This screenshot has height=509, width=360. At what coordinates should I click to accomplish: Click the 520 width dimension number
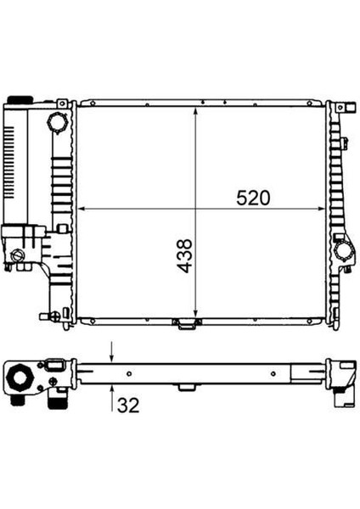[x=253, y=198]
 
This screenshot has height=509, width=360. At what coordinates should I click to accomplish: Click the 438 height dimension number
[x=184, y=256]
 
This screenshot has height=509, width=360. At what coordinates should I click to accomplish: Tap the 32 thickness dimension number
[x=128, y=406]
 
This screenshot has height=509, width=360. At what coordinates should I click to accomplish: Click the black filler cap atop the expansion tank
[x=20, y=99]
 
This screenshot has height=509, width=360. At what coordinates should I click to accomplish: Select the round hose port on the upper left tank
[x=58, y=122]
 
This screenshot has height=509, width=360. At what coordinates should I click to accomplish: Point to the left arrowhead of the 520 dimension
[x=82, y=209]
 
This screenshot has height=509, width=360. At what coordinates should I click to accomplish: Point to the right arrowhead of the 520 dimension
[x=321, y=209]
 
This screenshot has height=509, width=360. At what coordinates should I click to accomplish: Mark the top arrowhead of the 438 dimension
[x=195, y=111]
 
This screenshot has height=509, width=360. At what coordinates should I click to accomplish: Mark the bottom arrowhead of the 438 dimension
[x=195, y=314]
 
